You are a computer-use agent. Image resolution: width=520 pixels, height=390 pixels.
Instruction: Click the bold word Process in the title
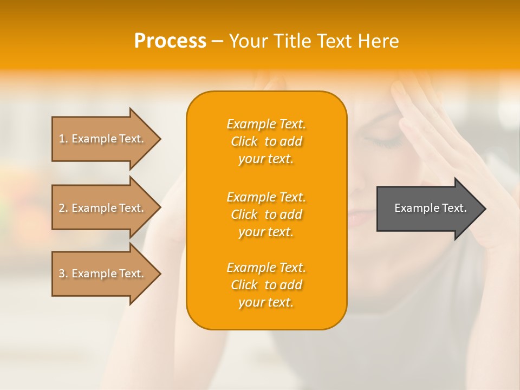pyautogui.click(x=170, y=41)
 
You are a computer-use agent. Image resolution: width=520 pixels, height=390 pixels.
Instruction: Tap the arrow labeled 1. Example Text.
pyautogui.click(x=103, y=139)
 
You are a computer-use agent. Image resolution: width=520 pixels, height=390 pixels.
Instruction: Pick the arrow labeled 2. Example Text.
pyautogui.click(x=103, y=208)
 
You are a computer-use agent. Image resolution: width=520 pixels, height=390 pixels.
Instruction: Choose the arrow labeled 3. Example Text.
pyautogui.click(x=103, y=274)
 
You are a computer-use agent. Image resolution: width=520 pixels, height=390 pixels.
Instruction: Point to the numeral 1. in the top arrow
pyautogui.click(x=63, y=139)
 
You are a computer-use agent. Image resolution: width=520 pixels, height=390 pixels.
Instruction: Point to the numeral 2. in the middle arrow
pyautogui.click(x=63, y=208)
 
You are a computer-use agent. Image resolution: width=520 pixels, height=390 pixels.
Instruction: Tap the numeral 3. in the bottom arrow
pyautogui.click(x=63, y=274)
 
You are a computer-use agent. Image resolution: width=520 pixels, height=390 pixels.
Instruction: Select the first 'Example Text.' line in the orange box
pyautogui.click(x=266, y=124)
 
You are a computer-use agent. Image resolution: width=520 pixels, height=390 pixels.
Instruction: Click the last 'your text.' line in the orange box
pyautogui.click(x=266, y=302)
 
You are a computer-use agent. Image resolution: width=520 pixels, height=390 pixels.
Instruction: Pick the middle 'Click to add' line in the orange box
pyautogui.click(x=266, y=214)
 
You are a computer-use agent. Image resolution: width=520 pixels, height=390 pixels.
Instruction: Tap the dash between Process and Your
pyautogui.click(x=217, y=41)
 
